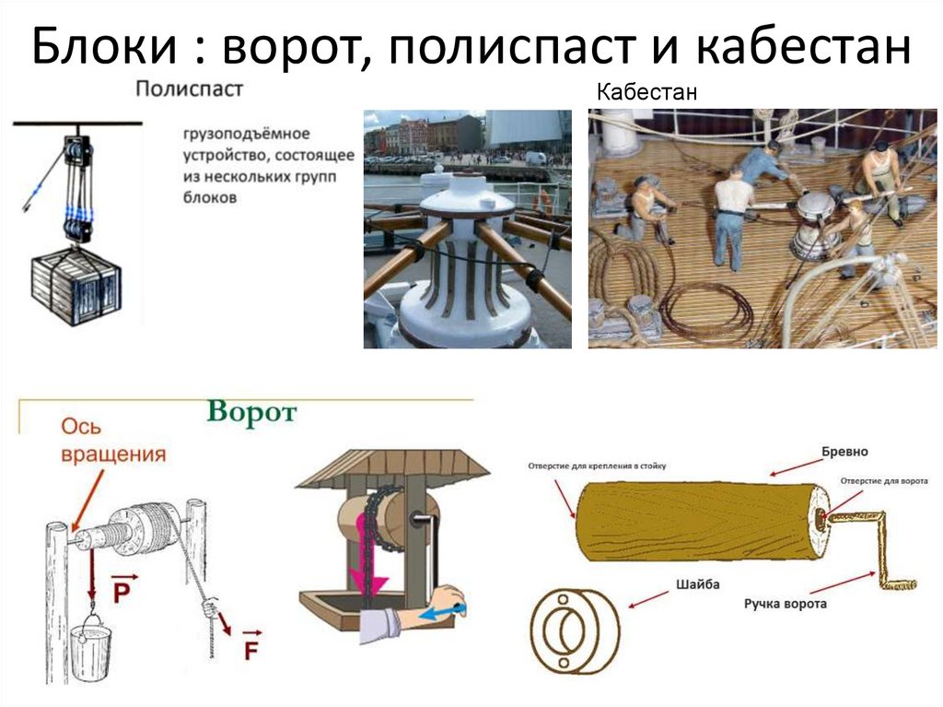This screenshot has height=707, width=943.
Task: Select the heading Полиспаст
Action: [190, 89]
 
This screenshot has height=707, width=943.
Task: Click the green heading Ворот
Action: [251, 412]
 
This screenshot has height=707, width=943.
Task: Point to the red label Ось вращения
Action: [114, 441]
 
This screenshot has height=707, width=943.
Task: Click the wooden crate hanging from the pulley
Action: [76, 287]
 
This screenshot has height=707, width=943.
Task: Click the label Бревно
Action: [844, 453]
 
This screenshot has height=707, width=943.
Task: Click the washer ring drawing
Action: [576, 630]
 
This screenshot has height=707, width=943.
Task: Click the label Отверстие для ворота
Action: [884, 481]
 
